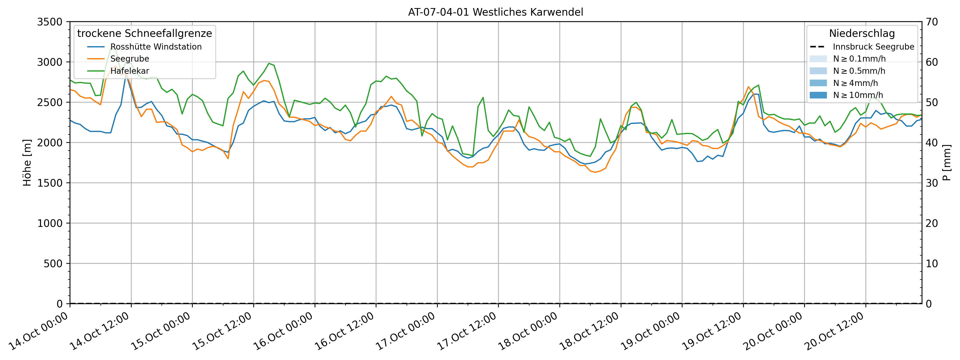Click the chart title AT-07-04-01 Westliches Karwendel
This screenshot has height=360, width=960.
[495, 12]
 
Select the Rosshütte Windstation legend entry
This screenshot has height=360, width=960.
[156, 47]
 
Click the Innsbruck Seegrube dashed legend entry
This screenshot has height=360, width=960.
[873, 47]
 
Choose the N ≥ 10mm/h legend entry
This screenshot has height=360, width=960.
[858, 95]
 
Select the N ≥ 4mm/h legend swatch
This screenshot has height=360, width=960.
[818, 83]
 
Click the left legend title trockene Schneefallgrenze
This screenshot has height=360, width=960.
[145, 33]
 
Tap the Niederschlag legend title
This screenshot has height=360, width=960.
[862, 33]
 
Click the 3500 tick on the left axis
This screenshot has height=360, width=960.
[50, 22]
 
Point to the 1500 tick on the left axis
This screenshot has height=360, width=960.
[50, 183]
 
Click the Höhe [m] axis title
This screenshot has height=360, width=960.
[27, 163]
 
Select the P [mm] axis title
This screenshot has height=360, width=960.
[947, 163]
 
